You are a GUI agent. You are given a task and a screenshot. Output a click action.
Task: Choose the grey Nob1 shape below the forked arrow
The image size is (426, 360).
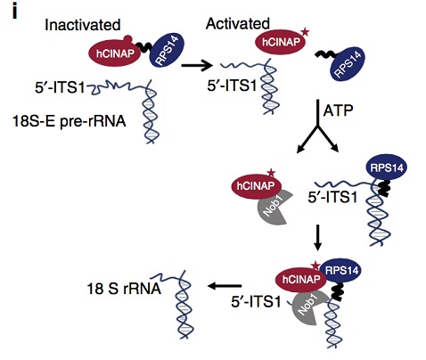[x=262, y=208]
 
